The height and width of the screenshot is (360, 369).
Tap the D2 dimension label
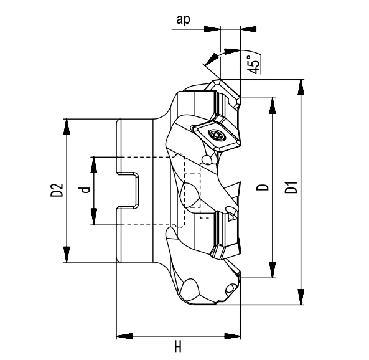click(x=55, y=190)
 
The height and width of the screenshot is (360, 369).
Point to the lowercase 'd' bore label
click(x=87, y=189)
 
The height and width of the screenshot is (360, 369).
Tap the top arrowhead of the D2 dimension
click(x=67, y=126)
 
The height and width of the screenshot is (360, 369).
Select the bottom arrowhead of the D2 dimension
click(x=67, y=255)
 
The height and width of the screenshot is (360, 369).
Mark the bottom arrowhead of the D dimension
click(x=272, y=270)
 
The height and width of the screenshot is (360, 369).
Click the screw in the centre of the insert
click(x=216, y=133)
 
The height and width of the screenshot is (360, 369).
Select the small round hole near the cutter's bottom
click(x=231, y=288)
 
